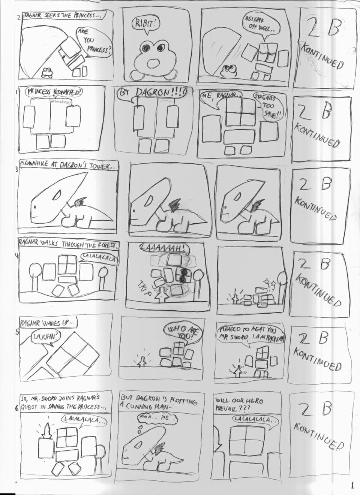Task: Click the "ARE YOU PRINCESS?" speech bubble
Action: coord(94,41)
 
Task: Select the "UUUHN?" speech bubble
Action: coord(44,337)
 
